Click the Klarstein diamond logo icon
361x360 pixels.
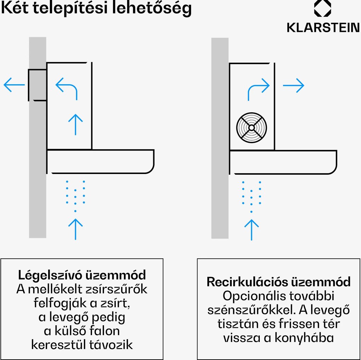click(322, 9)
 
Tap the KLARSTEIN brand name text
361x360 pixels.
click(323, 28)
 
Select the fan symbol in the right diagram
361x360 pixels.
click(251, 128)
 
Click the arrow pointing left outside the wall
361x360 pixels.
click(14, 85)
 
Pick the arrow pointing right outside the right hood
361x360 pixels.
click(294, 85)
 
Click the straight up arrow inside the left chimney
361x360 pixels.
click(75, 124)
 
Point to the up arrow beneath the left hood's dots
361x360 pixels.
click(75, 229)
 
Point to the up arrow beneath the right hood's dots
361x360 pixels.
click(251, 229)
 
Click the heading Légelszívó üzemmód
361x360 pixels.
click(82, 275)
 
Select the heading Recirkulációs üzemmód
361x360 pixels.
click(279, 282)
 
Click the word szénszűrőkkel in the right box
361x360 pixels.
click(252, 310)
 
